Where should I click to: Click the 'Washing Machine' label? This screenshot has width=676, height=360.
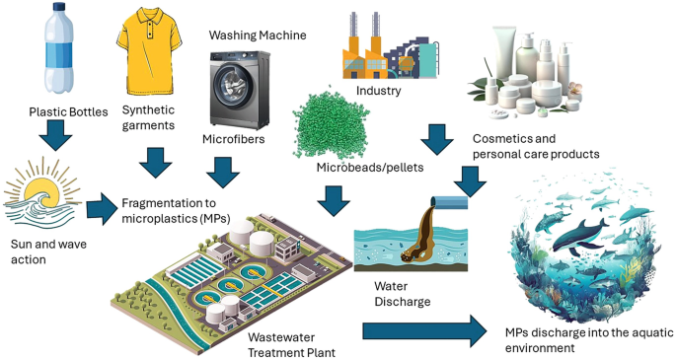click(257, 36)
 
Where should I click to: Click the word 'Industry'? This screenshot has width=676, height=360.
click(379, 92)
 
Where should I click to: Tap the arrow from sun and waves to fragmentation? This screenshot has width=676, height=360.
click(101, 209)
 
